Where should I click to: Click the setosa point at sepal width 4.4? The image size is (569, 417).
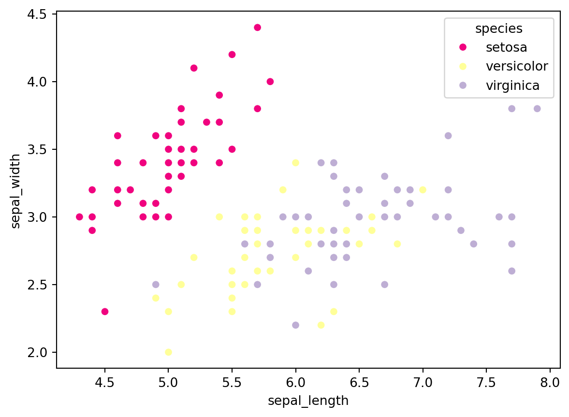[x=257, y=28]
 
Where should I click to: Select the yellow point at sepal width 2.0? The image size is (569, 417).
[x=168, y=352]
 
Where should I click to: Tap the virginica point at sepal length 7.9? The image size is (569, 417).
[x=537, y=109]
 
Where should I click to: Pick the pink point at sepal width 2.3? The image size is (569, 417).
[x=105, y=311]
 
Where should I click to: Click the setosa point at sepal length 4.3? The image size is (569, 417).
[x=79, y=216]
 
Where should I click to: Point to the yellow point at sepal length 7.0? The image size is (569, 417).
[x=423, y=189]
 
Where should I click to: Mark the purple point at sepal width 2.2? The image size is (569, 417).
[x=295, y=325]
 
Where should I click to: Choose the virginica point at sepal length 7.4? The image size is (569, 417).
[x=473, y=244]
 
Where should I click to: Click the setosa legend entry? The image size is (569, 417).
[x=506, y=47]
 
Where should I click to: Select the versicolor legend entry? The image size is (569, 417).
[x=517, y=66]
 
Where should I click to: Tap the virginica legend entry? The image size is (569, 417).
[x=512, y=86]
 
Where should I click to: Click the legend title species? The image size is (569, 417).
[x=499, y=29]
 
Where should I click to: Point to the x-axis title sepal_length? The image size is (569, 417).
[x=308, y=401]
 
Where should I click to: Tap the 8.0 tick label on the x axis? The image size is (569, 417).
[x=550, y=384]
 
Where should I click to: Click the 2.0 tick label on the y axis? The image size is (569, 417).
[x=37, y=352]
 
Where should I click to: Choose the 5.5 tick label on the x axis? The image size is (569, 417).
[x=232, y=384]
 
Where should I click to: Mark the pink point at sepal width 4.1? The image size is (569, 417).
[x=194, y=68]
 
